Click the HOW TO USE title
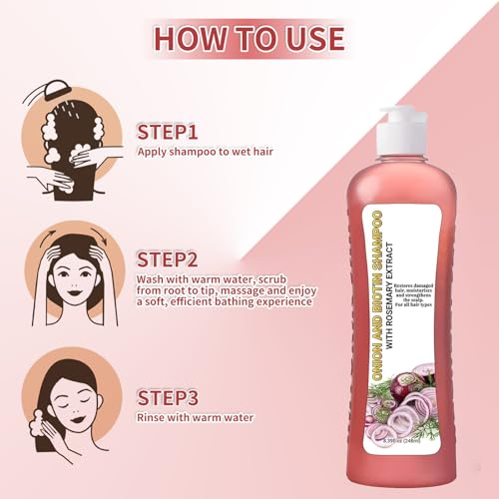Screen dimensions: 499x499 (x=249, y=38)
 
